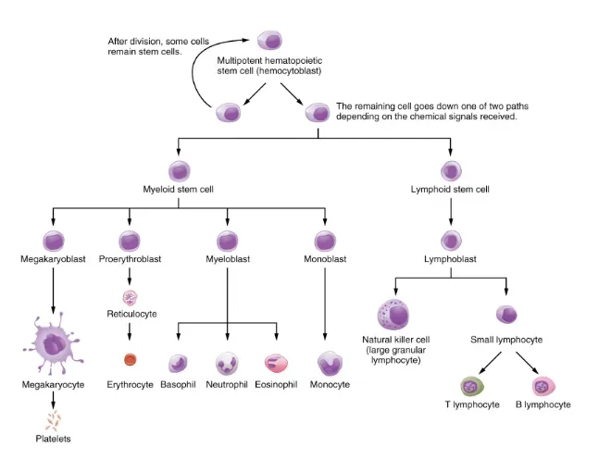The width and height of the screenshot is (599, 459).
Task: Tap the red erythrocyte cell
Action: [x=130, y=360]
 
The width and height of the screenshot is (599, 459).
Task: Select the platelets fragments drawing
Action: [x=55, y=422]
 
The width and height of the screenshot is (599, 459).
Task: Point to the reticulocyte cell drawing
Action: [x=130, y=297]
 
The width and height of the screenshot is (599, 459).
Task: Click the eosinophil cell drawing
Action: [x=276, y=363]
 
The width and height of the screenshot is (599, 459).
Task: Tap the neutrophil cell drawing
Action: [x=227, y=363]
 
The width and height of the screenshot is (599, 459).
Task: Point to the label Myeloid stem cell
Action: [x=179, y=190]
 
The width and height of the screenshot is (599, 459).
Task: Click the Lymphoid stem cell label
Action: [x=450, y=190]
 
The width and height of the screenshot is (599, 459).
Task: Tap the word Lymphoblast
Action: [x=450, y=260]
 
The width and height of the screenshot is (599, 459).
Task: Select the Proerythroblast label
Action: [x=130, y=260]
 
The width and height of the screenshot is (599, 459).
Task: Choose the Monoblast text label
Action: [x=325, y=260]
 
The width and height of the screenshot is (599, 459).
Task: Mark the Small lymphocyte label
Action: [x=507, y=340]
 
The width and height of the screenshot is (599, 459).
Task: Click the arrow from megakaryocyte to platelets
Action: [x=54, y=398]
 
